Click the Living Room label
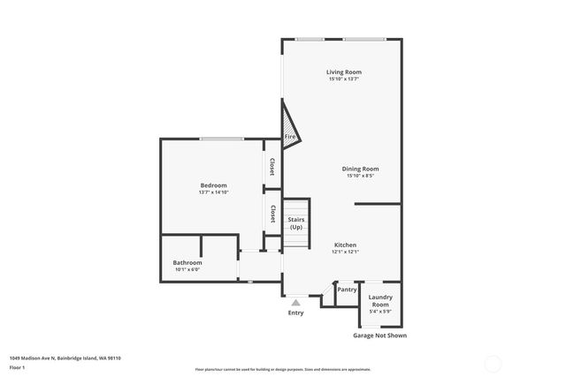[343, 72]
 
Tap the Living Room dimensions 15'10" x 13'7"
[343, 79]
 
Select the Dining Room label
[360, 169]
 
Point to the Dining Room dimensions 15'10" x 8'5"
[360, 176]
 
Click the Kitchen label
[345, 245]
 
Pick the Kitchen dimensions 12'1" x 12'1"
[345, 252]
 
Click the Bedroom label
[213, 185]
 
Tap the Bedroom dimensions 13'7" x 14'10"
[213, 192]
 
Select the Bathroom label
[187, 262]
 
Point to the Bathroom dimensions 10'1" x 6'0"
[187, 269]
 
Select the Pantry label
[347, 290]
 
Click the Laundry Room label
[380, 300]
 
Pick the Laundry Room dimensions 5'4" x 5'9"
[380, 311]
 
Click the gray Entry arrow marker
[295, 302]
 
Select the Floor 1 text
[17, 366]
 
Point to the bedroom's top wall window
[221, 139]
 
